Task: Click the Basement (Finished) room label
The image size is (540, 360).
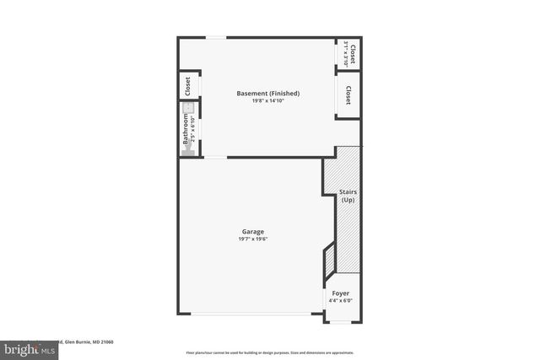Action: (x=267, y=93)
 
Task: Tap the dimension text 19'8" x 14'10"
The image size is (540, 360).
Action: (x=267, y=101)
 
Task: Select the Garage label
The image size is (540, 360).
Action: (x=253, y=231)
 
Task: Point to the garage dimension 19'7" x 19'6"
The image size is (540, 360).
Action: (x=253, y=239)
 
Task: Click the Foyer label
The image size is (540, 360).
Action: (x=339, y=293)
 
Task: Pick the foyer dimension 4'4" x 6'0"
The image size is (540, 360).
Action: (x=339, y=301)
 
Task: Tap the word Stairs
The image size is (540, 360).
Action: (x=348, y=192)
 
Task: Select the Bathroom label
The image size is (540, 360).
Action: (x=186, y=129)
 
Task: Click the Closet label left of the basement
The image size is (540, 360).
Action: (x=188, y=86)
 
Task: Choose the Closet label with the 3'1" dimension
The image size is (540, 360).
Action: (x=352, y=52)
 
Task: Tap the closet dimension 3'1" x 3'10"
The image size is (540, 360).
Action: (x=345, y=54)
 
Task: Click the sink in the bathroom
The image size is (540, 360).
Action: (x=190, y=109)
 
